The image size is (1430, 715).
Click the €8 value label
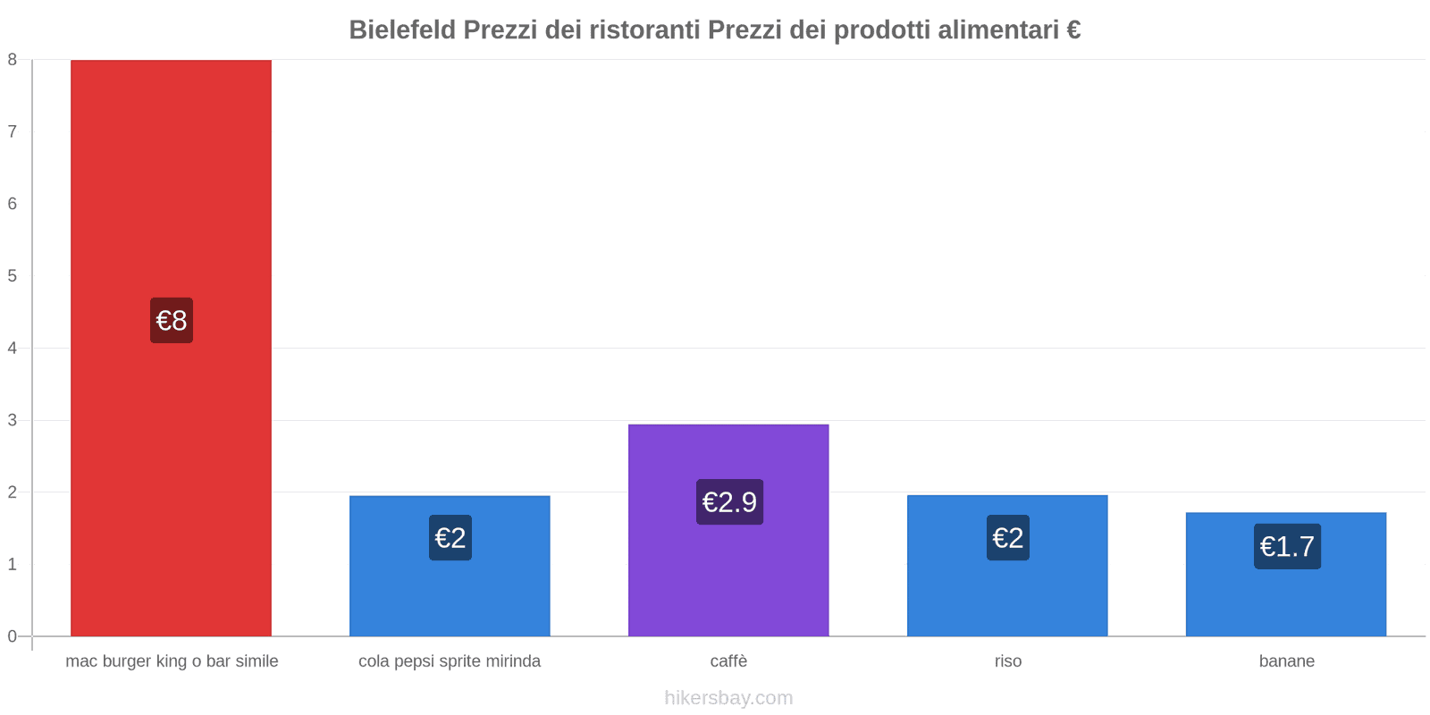tap(172, 320)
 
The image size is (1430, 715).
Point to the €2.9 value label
tap(729, 501)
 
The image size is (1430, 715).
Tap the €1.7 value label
tap(1287, 546)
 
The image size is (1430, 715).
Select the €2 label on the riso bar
tap(1007, 537)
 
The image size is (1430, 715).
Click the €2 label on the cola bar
tap(450, 537)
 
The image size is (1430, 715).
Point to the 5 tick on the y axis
tap(13, 275)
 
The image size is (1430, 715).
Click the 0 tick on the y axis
tap(13, 636)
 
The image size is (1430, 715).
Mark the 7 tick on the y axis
tap(13, 131)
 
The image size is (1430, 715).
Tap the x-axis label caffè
tap(728, 661)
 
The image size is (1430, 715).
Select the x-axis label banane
tap(1286, 661)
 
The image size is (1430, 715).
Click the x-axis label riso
tap(1007, 661)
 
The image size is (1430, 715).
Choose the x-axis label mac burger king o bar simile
tap(172, 661)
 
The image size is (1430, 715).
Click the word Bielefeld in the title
tap(402, 30)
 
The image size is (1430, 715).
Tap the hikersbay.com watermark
tap(728, 698)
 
